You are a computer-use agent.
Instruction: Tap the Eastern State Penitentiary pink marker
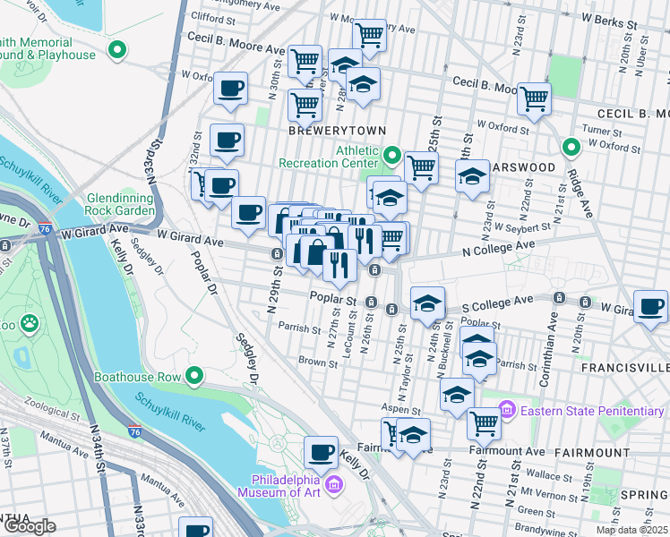[507, 410]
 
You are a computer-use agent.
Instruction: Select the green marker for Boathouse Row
[193, 376]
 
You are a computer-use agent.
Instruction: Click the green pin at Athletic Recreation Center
[391, 156]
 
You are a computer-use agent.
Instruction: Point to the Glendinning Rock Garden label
[120, 204]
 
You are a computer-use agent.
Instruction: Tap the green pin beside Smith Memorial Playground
[116, 50]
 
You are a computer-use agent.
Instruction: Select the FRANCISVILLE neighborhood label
[624, 368]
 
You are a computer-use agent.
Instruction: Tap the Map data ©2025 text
[631, 530]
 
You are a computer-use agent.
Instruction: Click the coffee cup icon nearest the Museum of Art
[320, 451]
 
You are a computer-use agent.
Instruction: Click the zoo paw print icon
[30, 320]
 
